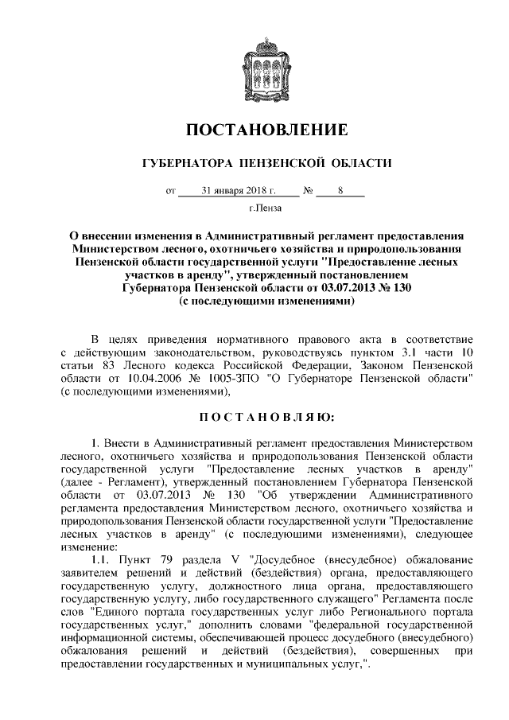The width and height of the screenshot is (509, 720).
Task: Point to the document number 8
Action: tap(339, 192)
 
